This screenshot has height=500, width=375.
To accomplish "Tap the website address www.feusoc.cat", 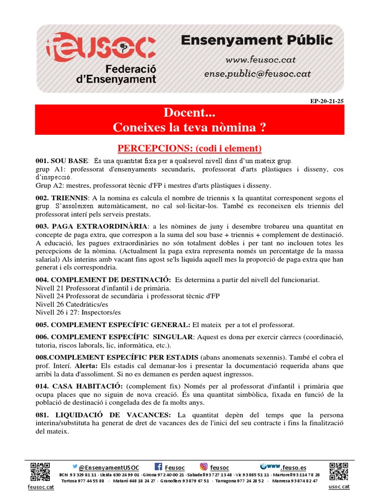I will pos(260,60).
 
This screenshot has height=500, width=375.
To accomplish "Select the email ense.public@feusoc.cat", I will pos(258,74).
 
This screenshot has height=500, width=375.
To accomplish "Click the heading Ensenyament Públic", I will pos(257,41).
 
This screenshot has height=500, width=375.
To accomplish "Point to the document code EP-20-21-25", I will pos(327,101).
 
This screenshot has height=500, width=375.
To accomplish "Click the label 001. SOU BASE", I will pos(62,161).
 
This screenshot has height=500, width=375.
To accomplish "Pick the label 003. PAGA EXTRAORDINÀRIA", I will pos(91,226).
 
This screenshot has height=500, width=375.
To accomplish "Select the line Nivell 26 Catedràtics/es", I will pos(72,304).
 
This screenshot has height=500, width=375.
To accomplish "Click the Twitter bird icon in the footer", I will pos(75,466).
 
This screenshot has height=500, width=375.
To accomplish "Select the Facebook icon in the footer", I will pos(158,466).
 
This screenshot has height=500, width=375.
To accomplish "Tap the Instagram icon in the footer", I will pos(204,466).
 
